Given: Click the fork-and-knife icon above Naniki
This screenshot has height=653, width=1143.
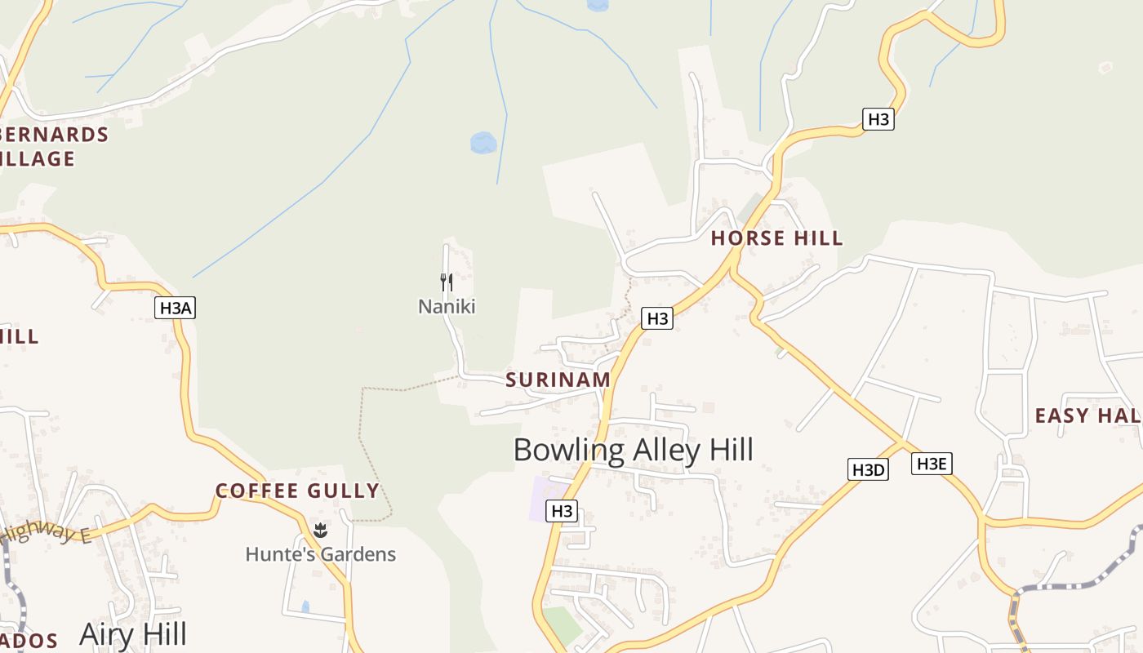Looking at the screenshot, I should (x=447, y=282).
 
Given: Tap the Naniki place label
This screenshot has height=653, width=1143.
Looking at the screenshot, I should (x=447, y=307).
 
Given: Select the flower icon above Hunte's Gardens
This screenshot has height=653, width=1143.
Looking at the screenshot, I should (x=321, y=531).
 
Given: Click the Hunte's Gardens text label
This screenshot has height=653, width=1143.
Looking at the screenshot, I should (x=321, y=554).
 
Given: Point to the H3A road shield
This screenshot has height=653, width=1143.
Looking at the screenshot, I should (x=176, y=308).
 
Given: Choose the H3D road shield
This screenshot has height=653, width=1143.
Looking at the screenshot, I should (x=868, y=469).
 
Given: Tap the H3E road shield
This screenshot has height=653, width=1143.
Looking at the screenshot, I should (x=932, y=464).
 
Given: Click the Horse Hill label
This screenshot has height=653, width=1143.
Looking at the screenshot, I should (x=776, y=238).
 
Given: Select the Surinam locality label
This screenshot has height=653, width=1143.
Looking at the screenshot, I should (x=558, y=380).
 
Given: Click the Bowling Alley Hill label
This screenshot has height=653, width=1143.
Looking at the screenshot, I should (x=633, y=450).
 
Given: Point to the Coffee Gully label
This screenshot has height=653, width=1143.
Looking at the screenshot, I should (x=298, y=491).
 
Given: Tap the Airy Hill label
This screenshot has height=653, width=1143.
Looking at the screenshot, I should (x=133, y=634).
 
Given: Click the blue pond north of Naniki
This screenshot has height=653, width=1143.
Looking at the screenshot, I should (x=483, y=143).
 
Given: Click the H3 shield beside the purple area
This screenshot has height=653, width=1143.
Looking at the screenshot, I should (x=562, y=511).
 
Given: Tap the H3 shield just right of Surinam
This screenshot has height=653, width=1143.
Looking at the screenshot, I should (x=656, y=318).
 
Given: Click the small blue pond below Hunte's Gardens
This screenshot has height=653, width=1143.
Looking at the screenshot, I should (x=305, y=606).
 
